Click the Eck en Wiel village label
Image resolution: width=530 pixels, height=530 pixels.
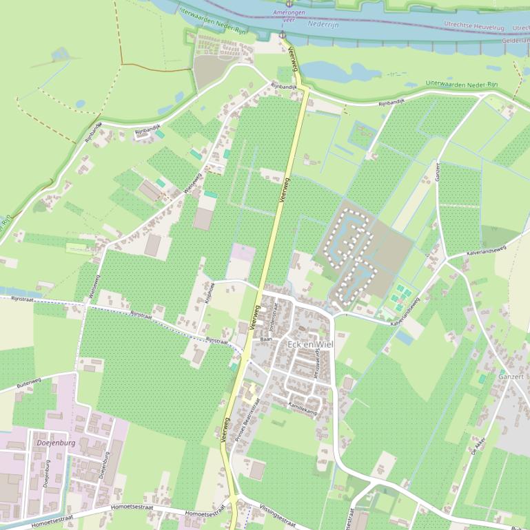309,344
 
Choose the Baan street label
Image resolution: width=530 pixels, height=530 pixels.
267,339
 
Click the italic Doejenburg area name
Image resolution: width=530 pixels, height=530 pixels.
54,443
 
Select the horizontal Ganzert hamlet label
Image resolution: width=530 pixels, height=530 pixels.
511,377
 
